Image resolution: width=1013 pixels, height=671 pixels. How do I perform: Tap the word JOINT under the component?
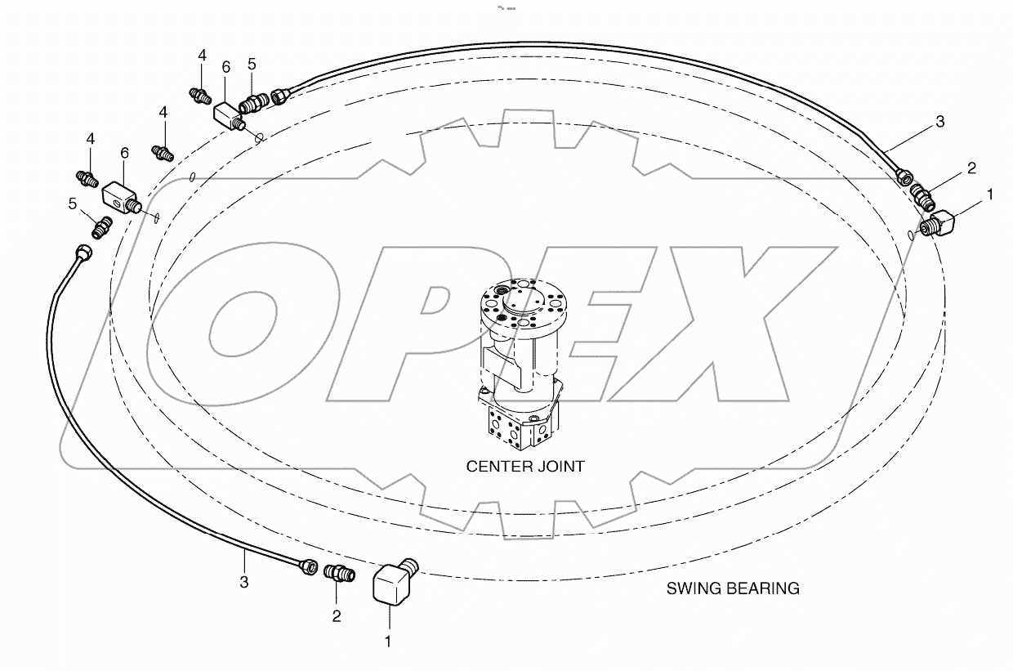560,467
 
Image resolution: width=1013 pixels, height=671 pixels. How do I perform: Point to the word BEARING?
763,588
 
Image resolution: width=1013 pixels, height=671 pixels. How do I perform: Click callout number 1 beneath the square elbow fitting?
388,642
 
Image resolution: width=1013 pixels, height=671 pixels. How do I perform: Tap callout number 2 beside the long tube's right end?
971,168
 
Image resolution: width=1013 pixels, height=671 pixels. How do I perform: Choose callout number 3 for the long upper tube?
939,122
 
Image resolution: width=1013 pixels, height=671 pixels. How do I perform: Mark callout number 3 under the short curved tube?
243,582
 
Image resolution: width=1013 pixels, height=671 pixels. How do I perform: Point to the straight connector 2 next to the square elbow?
339,573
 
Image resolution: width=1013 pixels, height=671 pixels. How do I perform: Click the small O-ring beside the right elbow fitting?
911,235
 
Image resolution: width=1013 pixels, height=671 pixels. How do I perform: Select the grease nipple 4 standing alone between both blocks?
163,152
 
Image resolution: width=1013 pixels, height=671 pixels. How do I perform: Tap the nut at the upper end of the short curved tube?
83,252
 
